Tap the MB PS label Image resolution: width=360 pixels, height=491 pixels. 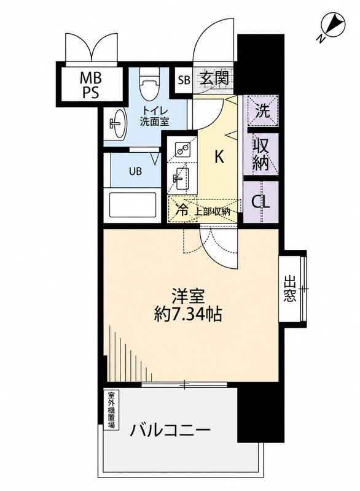[90, 84]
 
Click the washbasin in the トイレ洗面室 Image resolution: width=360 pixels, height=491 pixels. [117, 123]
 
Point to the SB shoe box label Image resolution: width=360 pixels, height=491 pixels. [184, 80]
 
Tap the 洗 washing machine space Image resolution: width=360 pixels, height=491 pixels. [262, 111]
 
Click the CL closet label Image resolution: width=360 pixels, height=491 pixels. [261, 203]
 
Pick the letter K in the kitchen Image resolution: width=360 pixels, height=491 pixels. [219, 157]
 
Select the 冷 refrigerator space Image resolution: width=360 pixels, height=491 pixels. [182, 209]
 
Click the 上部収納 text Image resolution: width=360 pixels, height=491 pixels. [213, 211]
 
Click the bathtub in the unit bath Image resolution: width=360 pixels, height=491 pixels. [133, 206]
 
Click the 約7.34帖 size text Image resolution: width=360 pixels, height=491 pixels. [188, 314]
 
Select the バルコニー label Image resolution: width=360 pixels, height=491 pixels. [170, 432]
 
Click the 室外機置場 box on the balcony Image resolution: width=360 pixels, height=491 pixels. [111, 409]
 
